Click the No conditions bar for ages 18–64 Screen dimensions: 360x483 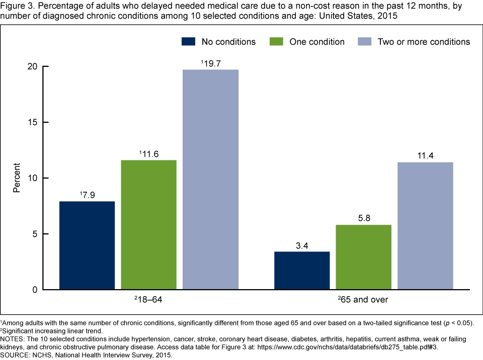[87, 245]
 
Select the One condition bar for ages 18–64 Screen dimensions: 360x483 [148, 225]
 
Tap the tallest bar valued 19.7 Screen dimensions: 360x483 [210, 179]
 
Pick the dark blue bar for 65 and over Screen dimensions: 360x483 [302, 271]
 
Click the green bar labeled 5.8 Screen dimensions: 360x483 [364, 257]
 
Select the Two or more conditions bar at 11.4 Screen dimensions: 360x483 [425, 226]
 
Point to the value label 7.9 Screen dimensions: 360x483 [88, 194]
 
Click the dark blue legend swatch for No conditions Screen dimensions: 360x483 [188, 41]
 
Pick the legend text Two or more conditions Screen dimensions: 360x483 [424, 42]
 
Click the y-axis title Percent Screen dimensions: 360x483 [17, 178]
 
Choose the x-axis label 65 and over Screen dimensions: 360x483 [363, 300]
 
